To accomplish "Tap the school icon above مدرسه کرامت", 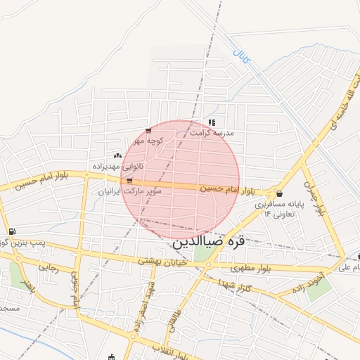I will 212,122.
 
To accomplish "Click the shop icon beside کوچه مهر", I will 148,131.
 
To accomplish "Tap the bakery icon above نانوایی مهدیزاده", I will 117,155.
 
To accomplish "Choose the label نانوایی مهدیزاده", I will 117,167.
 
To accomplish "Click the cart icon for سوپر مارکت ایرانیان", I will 129,181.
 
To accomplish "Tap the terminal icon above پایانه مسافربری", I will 280,193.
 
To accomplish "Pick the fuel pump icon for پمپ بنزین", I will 12,231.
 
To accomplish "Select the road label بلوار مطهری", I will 251,268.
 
